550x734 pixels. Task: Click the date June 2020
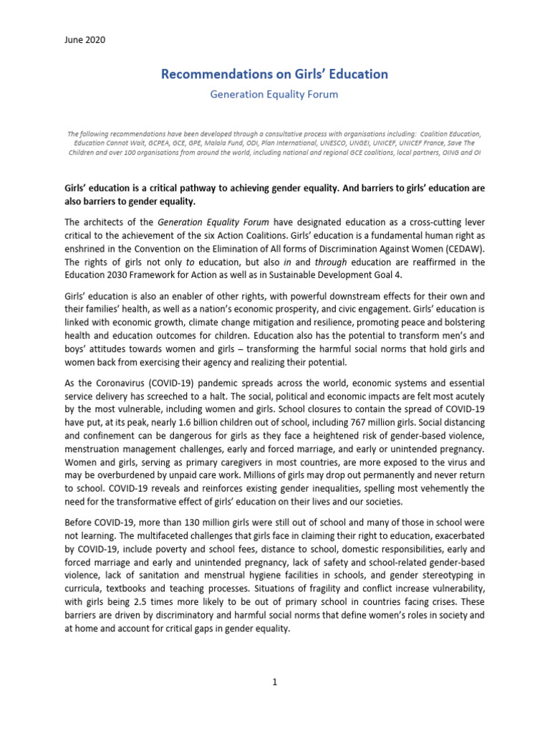pyautogui.click(x=85, y=40)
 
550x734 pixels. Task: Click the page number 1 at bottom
pyautogui.click(x=274, y=682)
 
